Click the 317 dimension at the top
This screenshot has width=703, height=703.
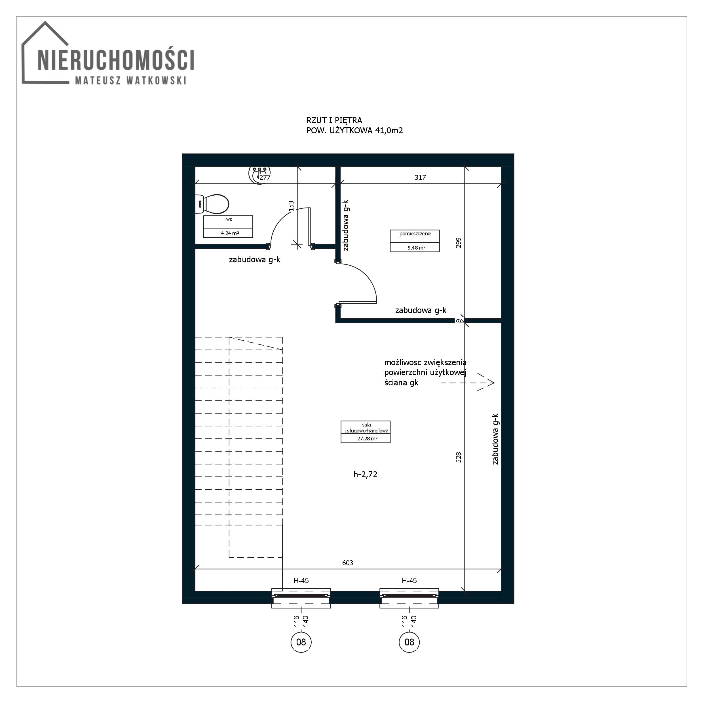coord(420,178)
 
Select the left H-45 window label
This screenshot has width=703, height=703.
coord(301,581)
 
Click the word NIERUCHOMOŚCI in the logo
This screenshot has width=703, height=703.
coord(116,60)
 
